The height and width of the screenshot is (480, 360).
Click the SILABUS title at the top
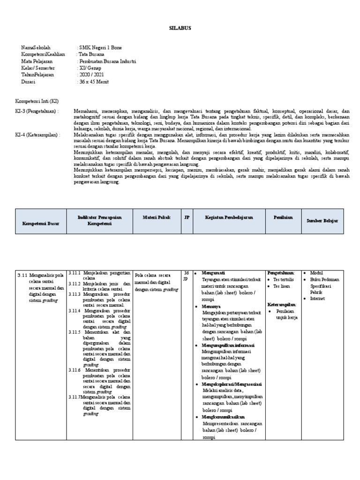point(180,28)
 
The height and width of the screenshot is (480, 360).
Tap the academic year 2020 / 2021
point(91,75)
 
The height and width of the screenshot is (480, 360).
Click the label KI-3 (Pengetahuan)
point(37,111)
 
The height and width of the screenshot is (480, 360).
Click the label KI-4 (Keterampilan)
point(38,134)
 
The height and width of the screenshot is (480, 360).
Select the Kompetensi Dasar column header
point(41,224)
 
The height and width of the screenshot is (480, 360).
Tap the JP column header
point(187,217)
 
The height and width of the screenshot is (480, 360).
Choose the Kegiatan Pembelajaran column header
point(229,217)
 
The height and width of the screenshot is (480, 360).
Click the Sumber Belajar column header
point(322,220)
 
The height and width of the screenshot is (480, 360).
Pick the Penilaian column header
point(283,217)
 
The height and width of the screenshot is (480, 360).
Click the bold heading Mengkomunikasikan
point(223,417)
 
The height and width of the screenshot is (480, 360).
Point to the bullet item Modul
point(316,273)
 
